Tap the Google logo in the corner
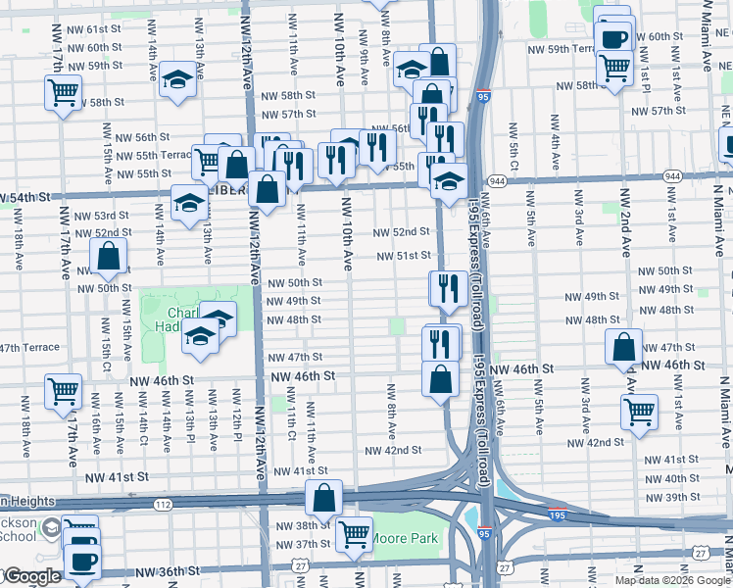pos(31,576)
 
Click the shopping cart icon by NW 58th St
pos(63,93)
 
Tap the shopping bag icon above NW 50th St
pos(110,257)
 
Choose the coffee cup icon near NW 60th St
pos(613,39)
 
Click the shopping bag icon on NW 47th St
pos(623,347)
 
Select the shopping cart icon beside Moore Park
pos(353,534)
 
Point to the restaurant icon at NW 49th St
pos(445,287)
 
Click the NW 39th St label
pos(671,498)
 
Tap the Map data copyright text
pos(672,579)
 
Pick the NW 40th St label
pos(671,478)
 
